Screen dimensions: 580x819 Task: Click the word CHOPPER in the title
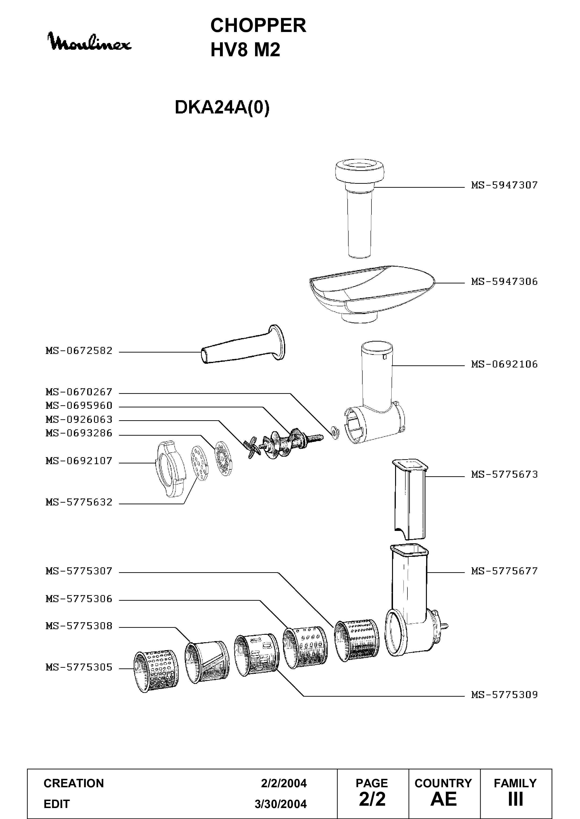point(258,26)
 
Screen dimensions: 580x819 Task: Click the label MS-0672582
point(79,351)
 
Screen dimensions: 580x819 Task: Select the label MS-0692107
point(79,461)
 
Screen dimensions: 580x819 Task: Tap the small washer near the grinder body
point(335,432)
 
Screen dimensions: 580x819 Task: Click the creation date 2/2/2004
point(284,783)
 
